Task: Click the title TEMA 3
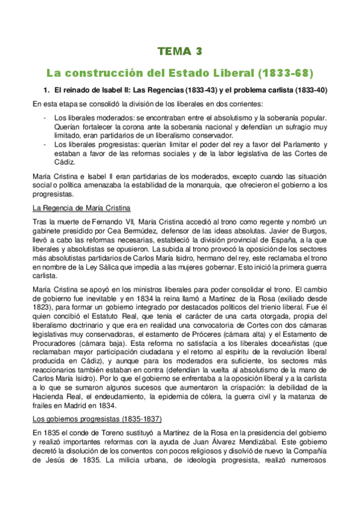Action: click(x=180, y=52)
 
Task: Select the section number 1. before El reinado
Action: click(x=44, y=90)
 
